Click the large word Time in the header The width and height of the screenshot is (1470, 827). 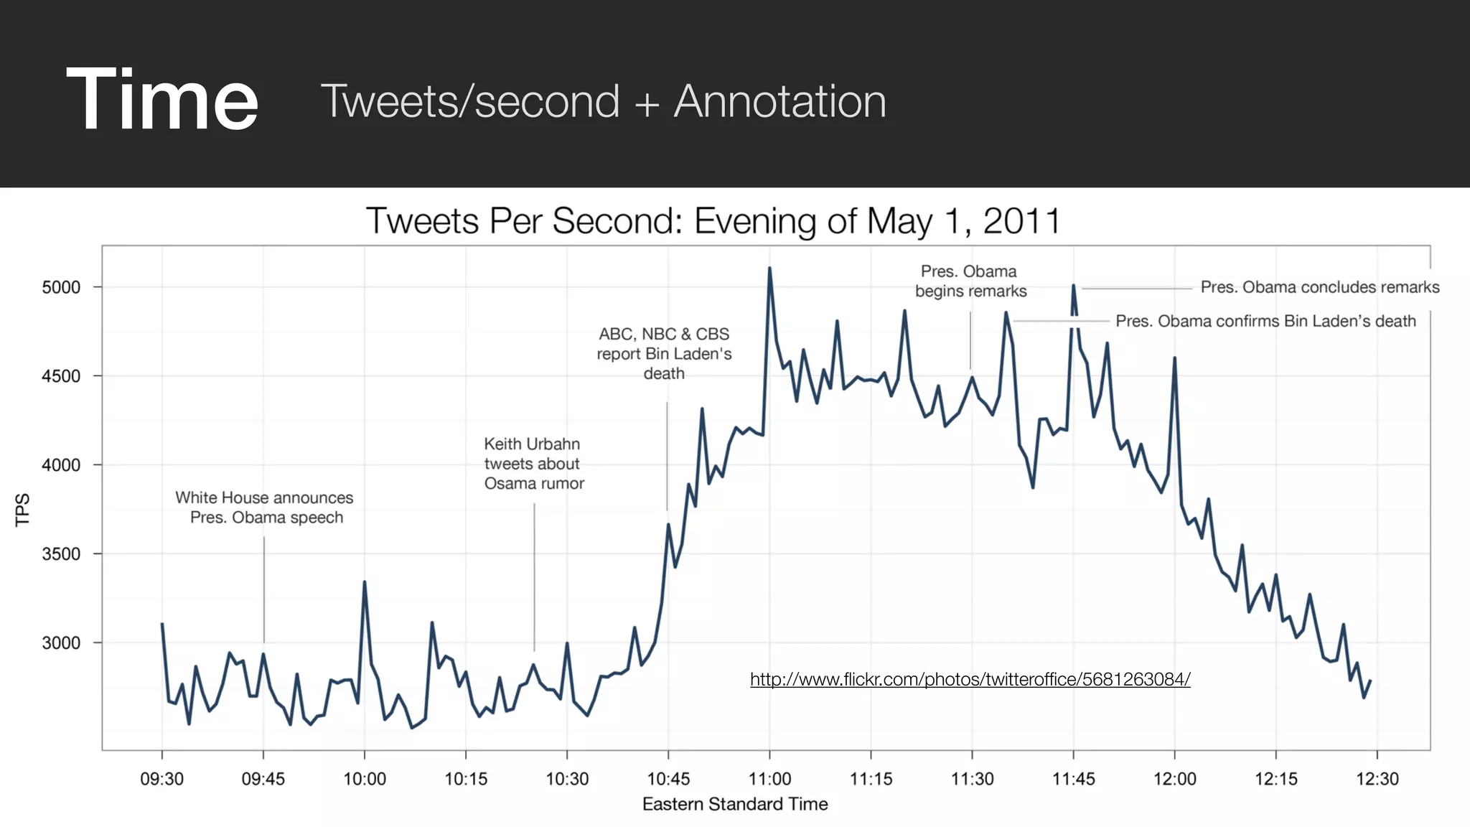161,99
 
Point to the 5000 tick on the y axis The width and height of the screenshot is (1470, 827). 61,287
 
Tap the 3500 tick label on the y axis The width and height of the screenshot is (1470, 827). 61,553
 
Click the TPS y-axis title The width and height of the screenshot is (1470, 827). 22,509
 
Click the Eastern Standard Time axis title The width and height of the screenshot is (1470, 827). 734,804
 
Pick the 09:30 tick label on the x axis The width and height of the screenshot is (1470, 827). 161,779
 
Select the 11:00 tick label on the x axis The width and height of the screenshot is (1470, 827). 769,779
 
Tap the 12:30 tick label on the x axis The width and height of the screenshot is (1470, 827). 1377,779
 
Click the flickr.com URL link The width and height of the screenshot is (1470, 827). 970,679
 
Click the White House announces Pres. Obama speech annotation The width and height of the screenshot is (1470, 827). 265,508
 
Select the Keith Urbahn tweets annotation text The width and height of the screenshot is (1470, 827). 533,464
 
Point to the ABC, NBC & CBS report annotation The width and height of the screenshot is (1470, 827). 664,353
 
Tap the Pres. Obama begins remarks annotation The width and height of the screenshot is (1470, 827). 970,281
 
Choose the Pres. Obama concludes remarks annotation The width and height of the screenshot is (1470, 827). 1319,287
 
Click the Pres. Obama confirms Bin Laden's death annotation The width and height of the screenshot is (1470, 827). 1265,321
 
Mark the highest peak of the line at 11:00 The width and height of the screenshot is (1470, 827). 769,269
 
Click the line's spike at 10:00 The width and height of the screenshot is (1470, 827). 365,583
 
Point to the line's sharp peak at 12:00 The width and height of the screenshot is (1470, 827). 1174,358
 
